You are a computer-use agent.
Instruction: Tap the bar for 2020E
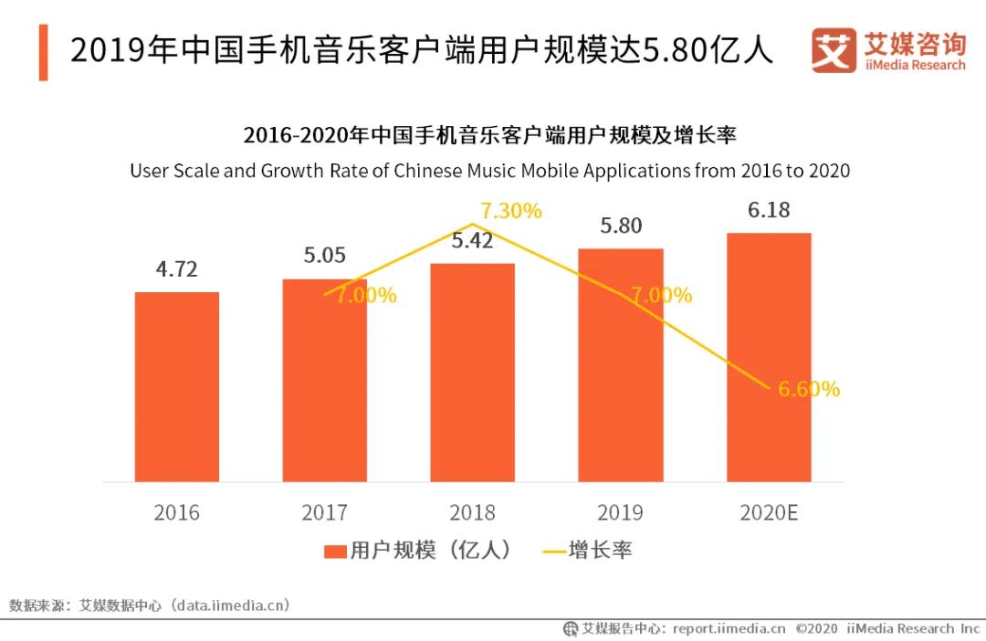pyautogui.click(x=769, y=357)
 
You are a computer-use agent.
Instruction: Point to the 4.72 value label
pyautogui.click(x=176, y=269)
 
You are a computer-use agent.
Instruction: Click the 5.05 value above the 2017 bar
pyautogui.click(x=324, y=255)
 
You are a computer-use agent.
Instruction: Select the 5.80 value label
pyautogui.click(x=621, y=226)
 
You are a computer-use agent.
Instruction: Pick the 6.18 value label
pyautogui.click(x=769, y=210)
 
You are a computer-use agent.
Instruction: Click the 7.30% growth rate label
pyautogui.click(x=511, y=211)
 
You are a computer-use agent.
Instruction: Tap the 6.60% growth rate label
pyautogui.click(x=809, y=389)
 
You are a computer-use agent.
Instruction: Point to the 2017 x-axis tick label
pyautogui.click(x=324, y=512)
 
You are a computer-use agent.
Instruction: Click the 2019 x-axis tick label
pyautogui.click(x=621, y=512)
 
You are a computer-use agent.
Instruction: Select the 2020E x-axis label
pyautogui.click(x=769, y=512)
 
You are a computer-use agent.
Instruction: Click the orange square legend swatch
pyautogui.click(x=335, y=551)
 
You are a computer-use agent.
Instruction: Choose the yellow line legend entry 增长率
pyautogui.click(x=588, y=550)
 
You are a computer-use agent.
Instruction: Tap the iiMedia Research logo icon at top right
pyautogui.click(x=834, y=51)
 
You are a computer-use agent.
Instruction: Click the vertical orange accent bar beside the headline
pyautogui.click(x=43, y=53)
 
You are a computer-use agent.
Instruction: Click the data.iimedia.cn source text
pyautogui.click(x=232, y=604)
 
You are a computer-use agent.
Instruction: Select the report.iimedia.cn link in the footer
pyautogui.click(x=729, y=628)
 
